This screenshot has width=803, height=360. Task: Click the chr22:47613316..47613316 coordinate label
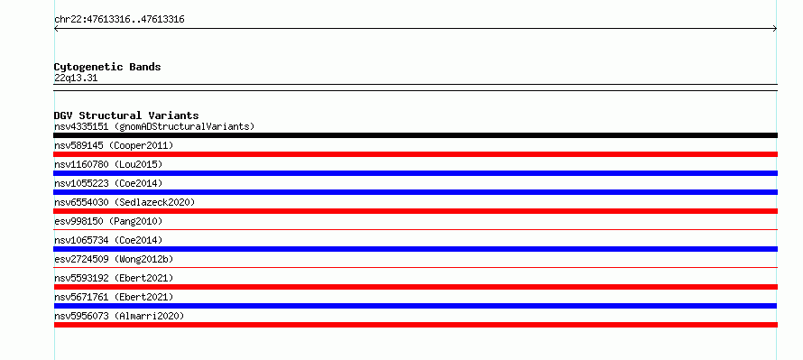point(119,20)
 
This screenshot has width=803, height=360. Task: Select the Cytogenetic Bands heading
point(107,67)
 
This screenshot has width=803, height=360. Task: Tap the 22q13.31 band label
point(76,78)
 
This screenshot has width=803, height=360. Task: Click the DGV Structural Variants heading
point(126,115)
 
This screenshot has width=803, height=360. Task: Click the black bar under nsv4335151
point(415,135)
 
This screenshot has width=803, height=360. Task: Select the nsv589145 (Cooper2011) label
point(114,145)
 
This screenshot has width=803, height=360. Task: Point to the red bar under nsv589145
point(415,154)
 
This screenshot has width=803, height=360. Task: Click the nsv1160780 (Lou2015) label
point(108,164)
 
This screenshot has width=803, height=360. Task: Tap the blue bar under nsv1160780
point(415,173)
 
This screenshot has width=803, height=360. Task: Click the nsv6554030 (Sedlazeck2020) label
point(125,202)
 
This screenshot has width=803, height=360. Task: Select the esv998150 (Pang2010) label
point(108,221)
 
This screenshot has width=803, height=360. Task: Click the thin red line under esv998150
point(415,230)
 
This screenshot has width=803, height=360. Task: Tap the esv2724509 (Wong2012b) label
point(114,259)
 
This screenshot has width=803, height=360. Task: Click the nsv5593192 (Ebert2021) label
point(114,278)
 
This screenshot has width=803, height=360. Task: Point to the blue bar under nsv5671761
point(415,306)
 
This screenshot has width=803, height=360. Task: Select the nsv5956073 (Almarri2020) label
point(119,316)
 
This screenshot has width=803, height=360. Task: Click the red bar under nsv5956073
point(415,325)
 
